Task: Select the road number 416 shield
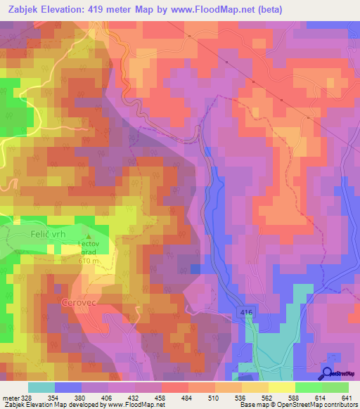(244, 311)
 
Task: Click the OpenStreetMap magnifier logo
(328, 375)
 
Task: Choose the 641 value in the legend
(347, 397)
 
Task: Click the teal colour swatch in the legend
(41, 387)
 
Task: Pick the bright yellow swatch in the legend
(281, 387)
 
